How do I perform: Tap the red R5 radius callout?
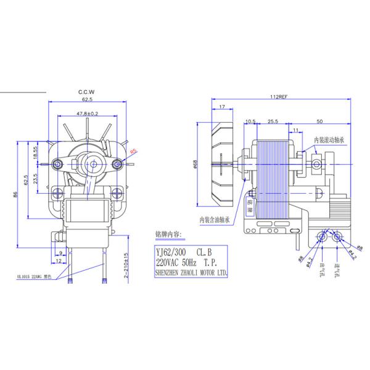point(134,150)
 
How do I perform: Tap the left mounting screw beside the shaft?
point(58,164)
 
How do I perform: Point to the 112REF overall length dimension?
point(279,97)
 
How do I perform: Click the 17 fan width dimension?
point(221,108)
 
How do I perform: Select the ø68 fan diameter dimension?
point(195,164)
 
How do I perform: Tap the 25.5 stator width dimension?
point(271,121)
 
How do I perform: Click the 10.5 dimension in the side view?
point(250,121)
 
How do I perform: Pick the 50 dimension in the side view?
point(320,121)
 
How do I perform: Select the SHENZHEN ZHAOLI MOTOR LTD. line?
point(192,271)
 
